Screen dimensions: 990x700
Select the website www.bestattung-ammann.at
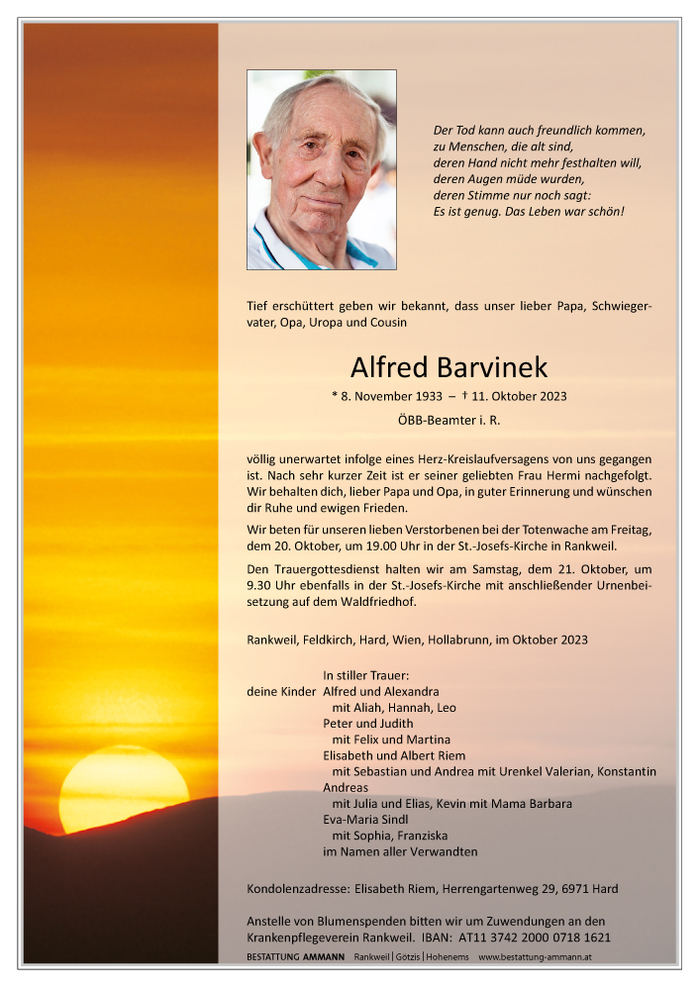pos(536,957)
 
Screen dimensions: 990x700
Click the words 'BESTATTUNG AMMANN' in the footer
pos(295,957)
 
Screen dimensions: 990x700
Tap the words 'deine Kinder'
pos(281,691)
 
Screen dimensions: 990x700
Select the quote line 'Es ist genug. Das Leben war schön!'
pos(530,212)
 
